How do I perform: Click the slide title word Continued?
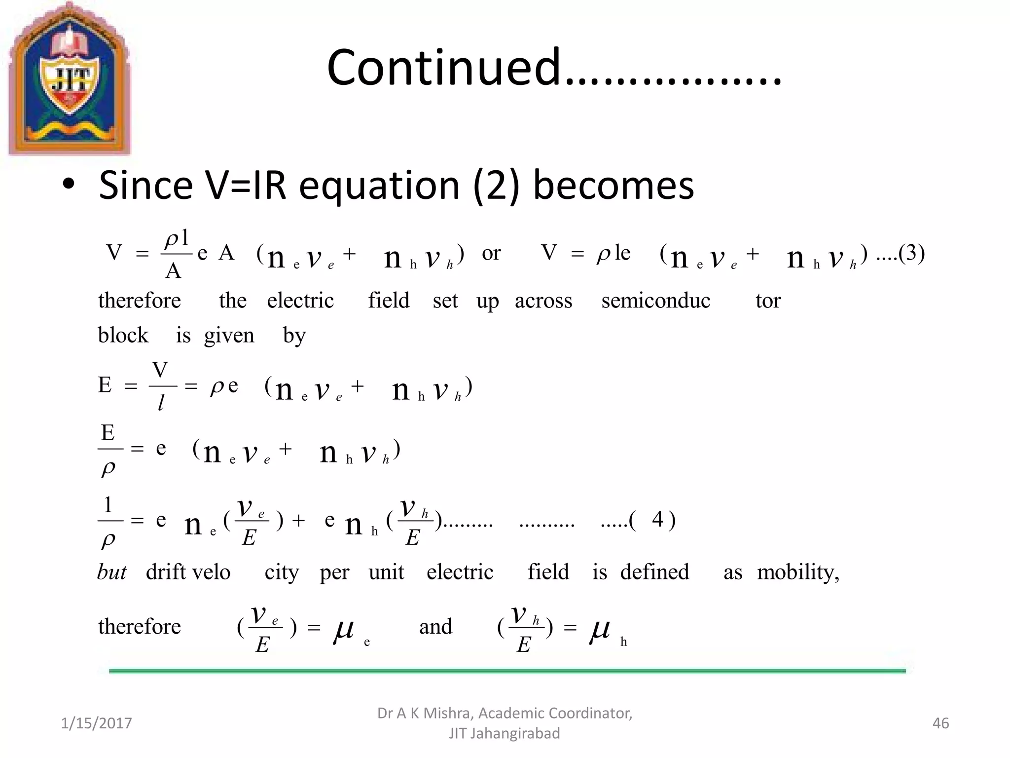coord(443,68)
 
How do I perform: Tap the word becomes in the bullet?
coord(613,186)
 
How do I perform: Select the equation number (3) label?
coord(910,253)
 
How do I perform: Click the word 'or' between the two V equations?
coord(491,254)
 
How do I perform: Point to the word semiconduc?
coord(655,301)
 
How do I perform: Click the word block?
coord(123,335)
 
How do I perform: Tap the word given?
coord(229,336)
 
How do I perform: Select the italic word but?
coord(111,572)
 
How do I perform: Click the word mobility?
coord(798,572)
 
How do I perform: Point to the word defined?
coord(654,572)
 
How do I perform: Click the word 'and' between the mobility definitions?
coord(435,627)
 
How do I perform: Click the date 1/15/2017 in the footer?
coord(96,723)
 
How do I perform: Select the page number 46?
coord(940,723)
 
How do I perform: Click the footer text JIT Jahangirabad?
coord(504,734)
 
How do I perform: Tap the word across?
coord(543,301)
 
